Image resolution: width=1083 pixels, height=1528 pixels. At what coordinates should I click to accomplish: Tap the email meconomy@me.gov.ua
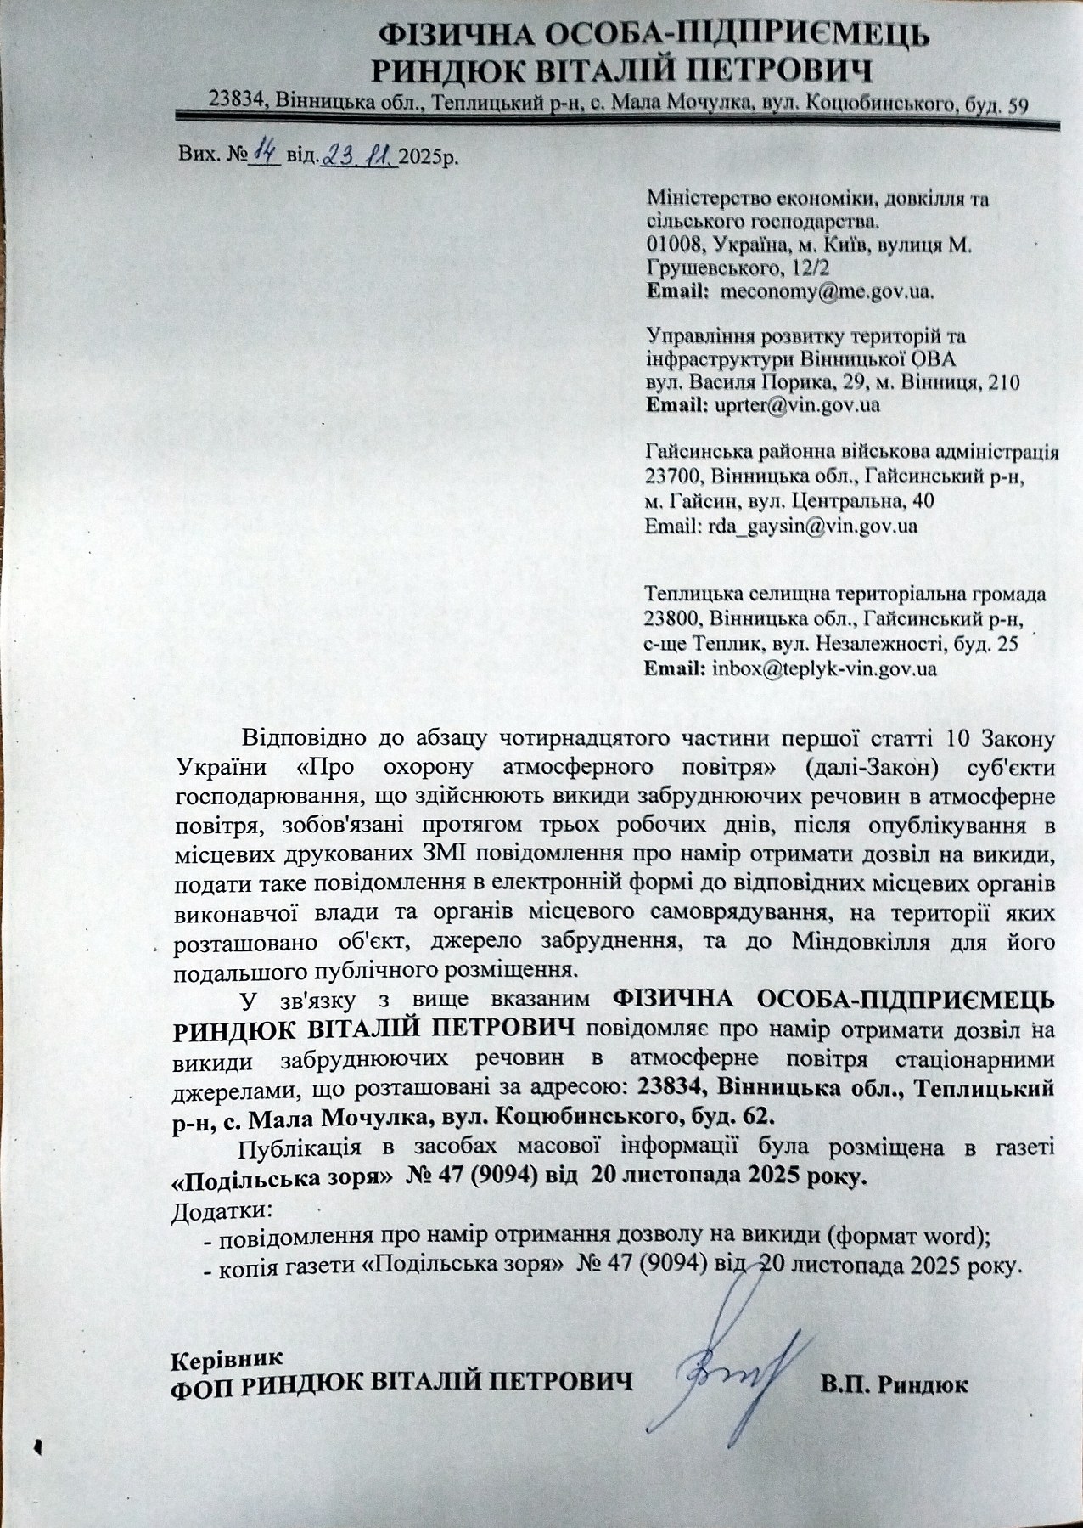[x=824, y=291]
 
